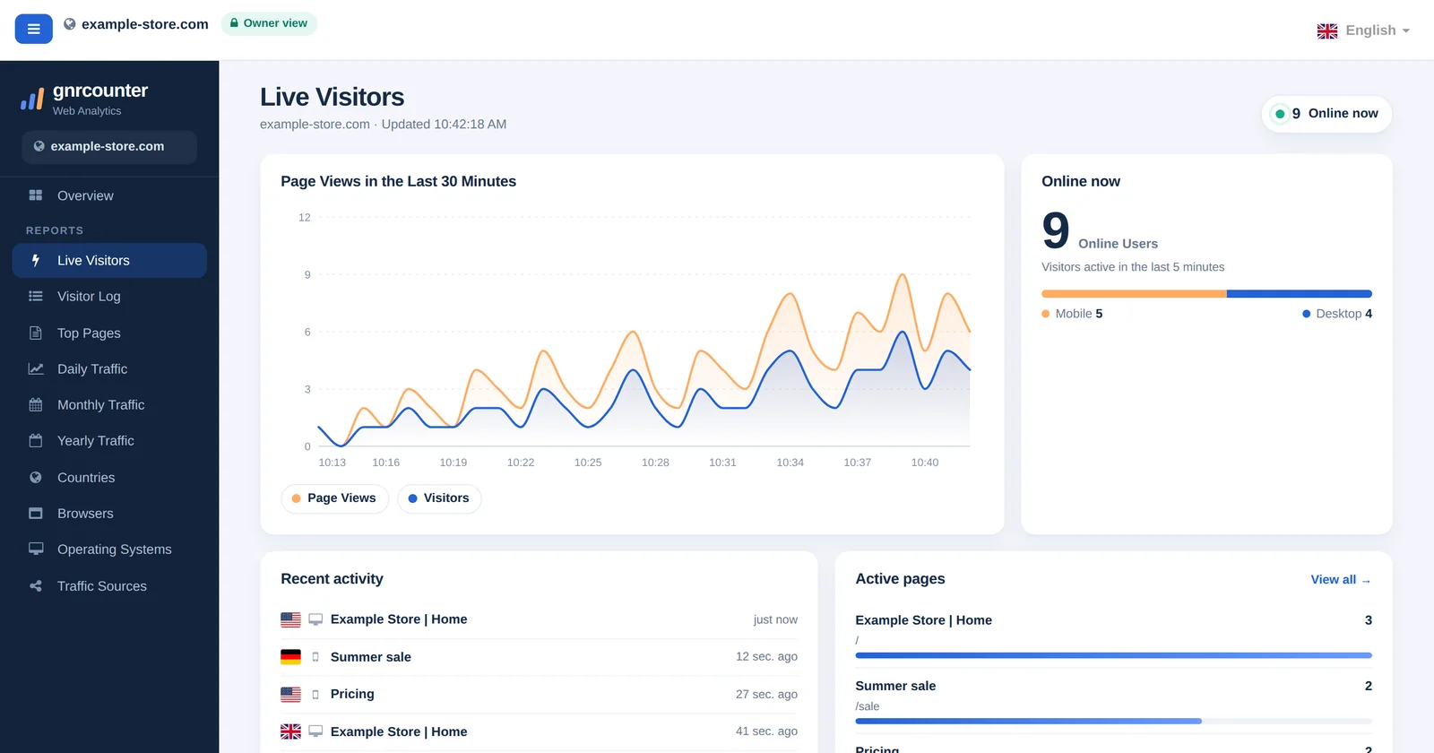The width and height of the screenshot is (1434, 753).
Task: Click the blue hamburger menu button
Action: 33,29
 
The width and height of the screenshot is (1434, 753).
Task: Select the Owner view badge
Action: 269,23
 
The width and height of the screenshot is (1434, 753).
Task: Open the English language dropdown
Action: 1363,30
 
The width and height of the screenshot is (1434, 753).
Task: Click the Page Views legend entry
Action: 334,498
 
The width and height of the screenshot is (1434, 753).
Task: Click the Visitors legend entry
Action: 439,498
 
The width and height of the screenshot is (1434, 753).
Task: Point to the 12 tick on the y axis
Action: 304,218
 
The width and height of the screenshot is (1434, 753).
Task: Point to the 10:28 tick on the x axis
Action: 655,463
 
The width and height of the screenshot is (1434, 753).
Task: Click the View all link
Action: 1341,579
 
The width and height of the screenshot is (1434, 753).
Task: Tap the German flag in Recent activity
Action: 290,657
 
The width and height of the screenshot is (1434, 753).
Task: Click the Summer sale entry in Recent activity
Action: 371,657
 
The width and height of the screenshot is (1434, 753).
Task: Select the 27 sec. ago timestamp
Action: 766,694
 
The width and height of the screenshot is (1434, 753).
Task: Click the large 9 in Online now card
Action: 1056,230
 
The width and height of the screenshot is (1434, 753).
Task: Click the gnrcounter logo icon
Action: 32,100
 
